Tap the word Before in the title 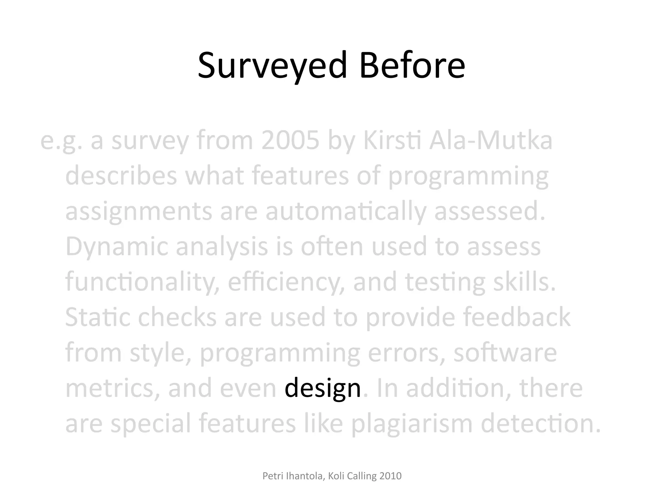[x=412, y=66]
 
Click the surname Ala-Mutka [x=491, y=140]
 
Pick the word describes [x=121, y=175]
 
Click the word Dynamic [x=117, y=246]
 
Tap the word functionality [x=142, y=282]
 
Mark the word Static [x=98, y=317]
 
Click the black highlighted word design [x=323, y=388]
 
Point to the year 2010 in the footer [x=390, y=476]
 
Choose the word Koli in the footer [x=336, y=476]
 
